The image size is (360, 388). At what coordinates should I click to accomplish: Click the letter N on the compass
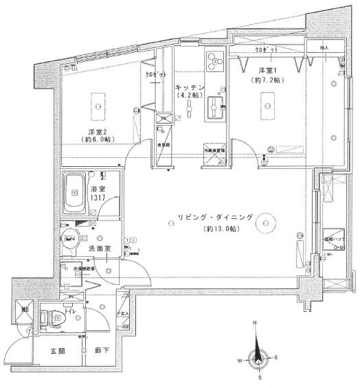pyautogui.click(x=254, y=323)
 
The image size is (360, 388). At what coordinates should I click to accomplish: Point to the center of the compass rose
pyautogui.click(x=258, y=356)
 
